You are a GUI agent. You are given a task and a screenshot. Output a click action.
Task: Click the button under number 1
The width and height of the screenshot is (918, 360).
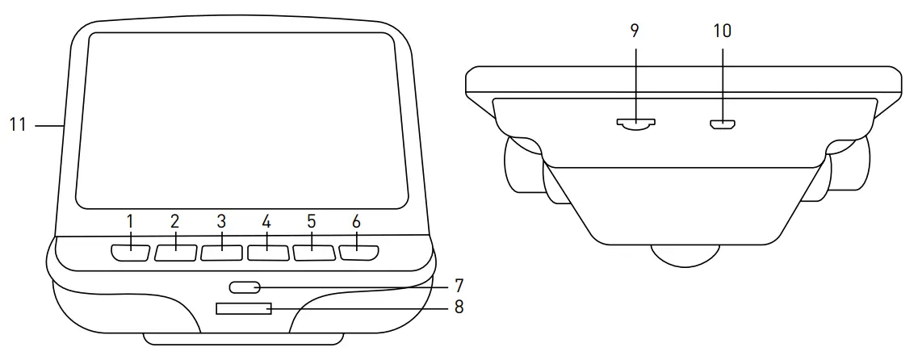(130, 253)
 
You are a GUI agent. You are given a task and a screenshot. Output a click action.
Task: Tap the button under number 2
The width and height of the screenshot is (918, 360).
(176, 253)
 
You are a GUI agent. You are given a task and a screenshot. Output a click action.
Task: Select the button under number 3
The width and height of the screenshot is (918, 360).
(222, 253)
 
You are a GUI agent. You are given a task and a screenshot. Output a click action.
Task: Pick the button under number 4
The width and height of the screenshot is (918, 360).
(268, 253)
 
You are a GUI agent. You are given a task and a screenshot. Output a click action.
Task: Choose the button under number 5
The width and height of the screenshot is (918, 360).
(314, 253)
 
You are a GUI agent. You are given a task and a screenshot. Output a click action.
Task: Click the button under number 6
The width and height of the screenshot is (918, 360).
(359, 253)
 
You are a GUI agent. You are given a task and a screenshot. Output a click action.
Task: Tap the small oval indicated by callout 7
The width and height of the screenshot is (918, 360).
(244, 287)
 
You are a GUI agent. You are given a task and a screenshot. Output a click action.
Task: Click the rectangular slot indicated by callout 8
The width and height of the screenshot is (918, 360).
(243, 309)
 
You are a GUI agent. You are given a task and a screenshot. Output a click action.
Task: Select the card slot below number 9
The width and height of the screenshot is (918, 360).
(636, 124)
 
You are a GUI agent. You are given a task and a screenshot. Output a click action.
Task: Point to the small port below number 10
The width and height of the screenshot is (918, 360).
(722, 124)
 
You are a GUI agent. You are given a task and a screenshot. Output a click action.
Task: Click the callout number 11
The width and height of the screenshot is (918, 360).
(19, 125)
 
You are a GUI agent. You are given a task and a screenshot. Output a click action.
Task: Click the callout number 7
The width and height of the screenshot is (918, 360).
(458, 286)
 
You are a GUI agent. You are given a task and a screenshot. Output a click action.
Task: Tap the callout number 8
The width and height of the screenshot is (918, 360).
(459, 307)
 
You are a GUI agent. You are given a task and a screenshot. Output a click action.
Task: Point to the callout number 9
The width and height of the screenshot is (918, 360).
(635, 31)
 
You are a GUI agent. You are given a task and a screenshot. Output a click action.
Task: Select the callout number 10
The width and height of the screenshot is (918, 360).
(722, 31)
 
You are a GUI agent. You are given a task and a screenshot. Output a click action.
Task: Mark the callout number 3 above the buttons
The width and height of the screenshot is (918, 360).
(221, 221)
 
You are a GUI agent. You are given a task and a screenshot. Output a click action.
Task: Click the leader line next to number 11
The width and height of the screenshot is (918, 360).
(49, 125)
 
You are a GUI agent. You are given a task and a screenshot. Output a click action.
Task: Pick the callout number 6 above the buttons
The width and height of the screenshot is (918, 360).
(356, 221)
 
